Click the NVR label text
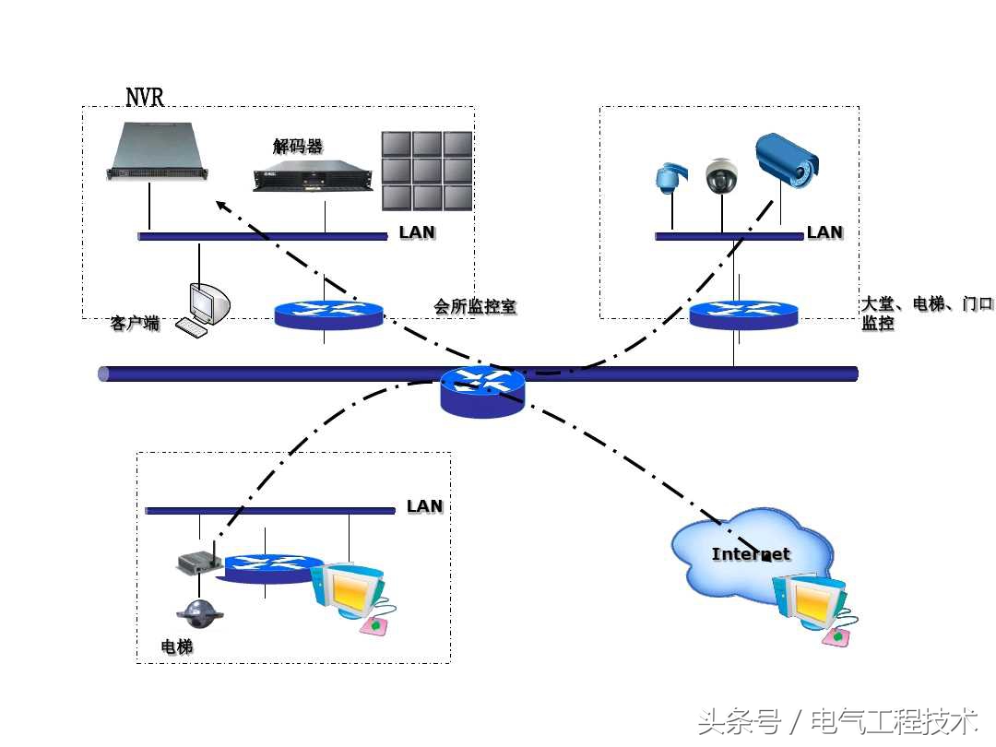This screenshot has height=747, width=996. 145,97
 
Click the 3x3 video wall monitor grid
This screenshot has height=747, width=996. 427,171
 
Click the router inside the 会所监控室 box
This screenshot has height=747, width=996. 328,314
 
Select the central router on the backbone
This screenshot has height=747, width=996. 481,392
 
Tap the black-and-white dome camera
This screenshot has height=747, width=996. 720,176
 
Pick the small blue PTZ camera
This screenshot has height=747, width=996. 667,178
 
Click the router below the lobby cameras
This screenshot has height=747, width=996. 743,314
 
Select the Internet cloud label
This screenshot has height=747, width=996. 751,554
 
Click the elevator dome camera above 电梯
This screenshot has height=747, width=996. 200,611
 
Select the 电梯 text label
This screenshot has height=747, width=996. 177,646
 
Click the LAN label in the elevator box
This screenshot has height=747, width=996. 424,506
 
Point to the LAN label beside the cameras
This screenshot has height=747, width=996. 824,232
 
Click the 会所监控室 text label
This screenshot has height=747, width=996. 475,306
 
